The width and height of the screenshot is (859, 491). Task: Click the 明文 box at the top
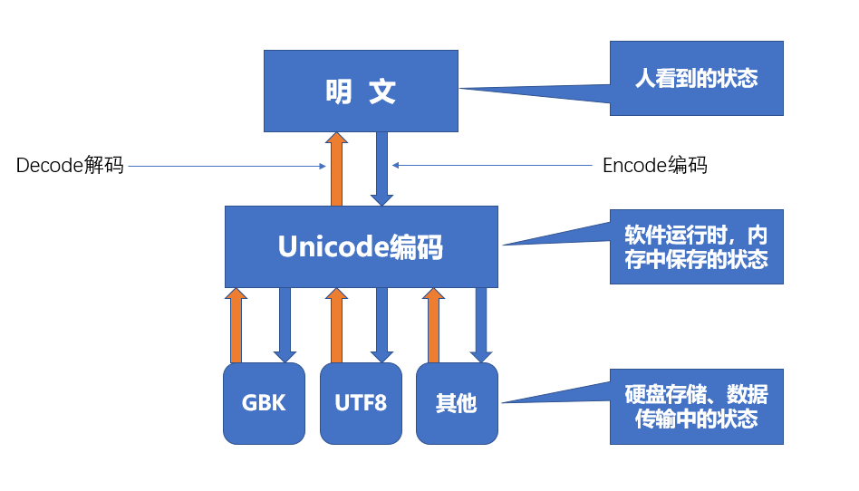coord(362,91)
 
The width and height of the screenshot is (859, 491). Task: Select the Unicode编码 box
coord(362,246)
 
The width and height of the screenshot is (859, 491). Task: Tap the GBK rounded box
coord(265,403)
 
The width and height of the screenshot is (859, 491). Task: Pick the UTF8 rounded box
coord(361,403)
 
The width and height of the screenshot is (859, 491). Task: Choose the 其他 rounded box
coord(457,403)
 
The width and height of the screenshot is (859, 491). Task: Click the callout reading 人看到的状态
coord(696,78)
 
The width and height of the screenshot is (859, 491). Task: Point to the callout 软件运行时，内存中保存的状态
coord(696,246)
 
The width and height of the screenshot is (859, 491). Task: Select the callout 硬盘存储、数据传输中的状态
coord(696,407)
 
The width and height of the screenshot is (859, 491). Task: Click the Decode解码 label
coord(70,166)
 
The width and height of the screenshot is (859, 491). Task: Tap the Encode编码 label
coord(654,166)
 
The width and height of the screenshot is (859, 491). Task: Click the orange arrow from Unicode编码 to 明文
coord(336,169)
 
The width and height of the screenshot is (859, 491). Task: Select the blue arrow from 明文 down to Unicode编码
coord(382,169)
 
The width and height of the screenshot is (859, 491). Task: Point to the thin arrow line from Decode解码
coord(227,166)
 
